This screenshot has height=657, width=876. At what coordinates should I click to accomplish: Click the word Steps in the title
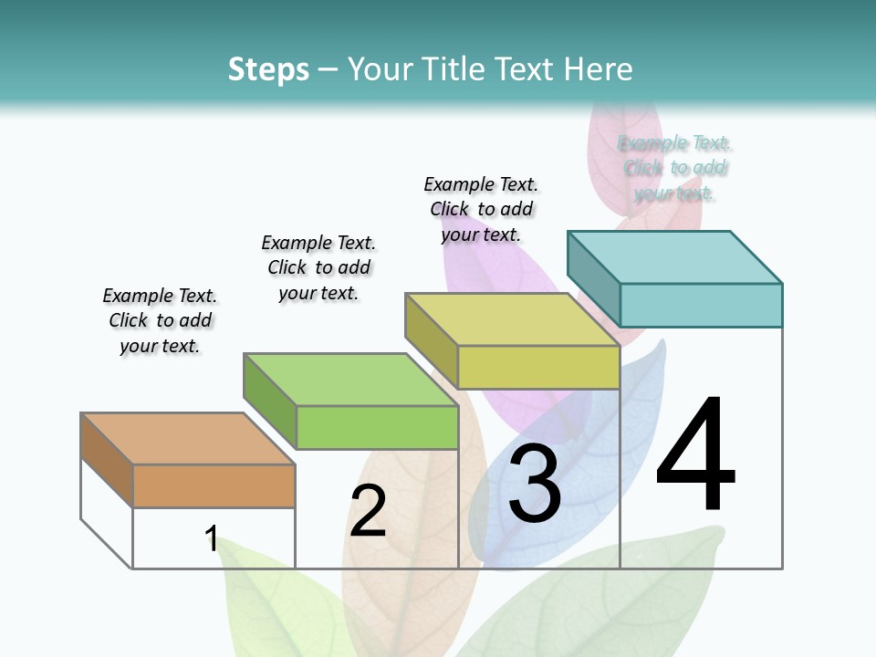click(x=267, y=69)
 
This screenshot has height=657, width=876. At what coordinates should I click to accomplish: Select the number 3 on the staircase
click(x=535, y=485)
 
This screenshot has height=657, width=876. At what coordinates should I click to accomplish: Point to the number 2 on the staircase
click(x=368, y=511)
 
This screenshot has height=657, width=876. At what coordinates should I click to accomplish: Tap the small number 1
click(x=212, y=538)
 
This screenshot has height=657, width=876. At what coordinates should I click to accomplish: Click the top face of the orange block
click(x=188, y=439)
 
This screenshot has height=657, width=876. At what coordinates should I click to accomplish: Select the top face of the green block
click(x=350, y=380)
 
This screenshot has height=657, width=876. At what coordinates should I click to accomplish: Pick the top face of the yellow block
click(x=512, y=319)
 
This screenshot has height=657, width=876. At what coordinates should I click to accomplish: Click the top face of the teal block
click(x=674, y=257)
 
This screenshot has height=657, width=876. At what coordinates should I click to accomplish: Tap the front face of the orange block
click(x=214, y=485)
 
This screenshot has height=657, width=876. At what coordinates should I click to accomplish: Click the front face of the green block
click(x=377, y=427)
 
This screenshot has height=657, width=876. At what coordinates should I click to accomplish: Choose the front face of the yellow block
click(x=538, y=368)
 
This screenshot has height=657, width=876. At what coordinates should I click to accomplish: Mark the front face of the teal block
click(x=701, y=305)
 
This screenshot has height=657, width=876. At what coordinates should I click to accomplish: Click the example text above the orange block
click(x=160, y=320)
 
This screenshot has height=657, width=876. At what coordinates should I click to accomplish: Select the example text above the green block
click(x=318, y=267)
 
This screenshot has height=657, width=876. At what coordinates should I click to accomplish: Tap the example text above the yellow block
click(x=481, y=209)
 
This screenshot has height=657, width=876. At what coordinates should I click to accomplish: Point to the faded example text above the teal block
click(x=675, y=168)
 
